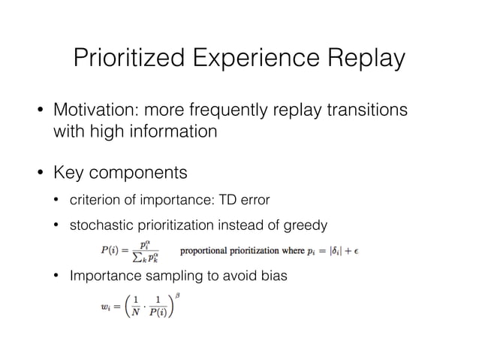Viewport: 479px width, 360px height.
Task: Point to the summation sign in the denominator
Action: click(135, 256)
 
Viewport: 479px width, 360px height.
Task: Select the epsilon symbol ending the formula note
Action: click(355, 250)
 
